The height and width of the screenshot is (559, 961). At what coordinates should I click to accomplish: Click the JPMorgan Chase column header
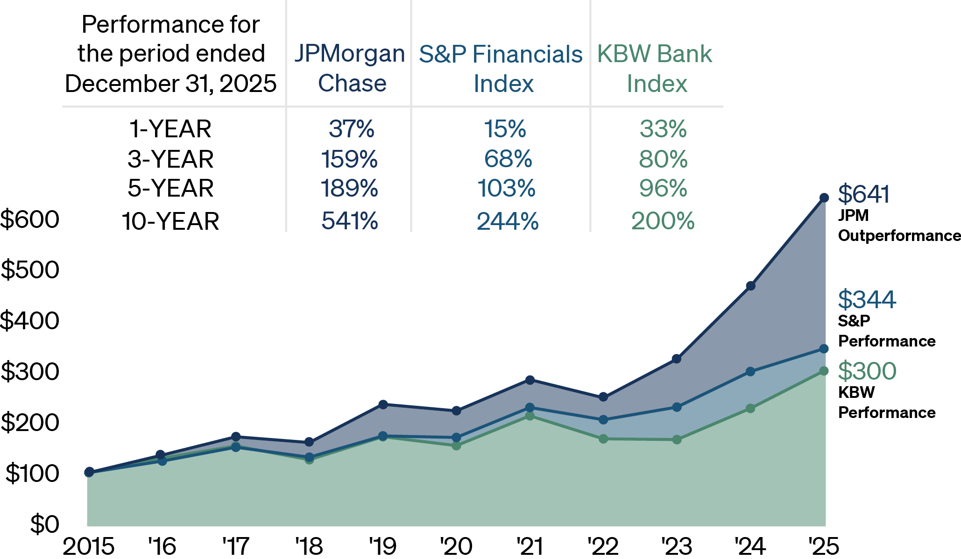[350, 69]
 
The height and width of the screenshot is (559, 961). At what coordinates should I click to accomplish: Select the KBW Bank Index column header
[655, 69]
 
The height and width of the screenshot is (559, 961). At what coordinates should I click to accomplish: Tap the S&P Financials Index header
[501, 69]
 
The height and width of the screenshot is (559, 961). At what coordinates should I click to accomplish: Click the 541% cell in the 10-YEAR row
[350, 221]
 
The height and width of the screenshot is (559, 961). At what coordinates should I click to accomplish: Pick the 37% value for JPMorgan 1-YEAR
[351, 129]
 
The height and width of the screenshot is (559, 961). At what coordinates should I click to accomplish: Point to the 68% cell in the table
[508, 159]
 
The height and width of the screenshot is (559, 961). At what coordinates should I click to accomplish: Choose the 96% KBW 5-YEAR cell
[663, 188]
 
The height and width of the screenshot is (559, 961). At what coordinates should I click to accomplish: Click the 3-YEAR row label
[170, 159]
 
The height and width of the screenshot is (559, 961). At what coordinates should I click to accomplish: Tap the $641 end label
[864, 194]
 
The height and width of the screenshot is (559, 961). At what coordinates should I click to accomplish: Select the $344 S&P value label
[867, 299]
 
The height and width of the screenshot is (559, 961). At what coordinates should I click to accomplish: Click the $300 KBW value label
[867, 371]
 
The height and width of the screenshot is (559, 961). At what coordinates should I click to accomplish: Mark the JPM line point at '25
[824, 198]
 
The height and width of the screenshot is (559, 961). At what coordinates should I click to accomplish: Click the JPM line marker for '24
[750, 286]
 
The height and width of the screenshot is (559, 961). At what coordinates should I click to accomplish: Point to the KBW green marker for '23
[677, 439]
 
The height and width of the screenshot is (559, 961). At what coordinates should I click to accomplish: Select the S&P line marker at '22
[603, 420]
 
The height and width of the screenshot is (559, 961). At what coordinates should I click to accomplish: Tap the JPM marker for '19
[383, 404]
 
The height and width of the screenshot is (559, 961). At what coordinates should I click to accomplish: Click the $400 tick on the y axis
[30, 321]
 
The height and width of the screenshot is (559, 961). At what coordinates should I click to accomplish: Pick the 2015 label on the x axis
[89, 546]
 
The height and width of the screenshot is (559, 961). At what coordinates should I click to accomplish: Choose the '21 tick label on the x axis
[530, 546]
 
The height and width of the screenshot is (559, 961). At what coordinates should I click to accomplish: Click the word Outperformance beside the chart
[899, 236]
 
